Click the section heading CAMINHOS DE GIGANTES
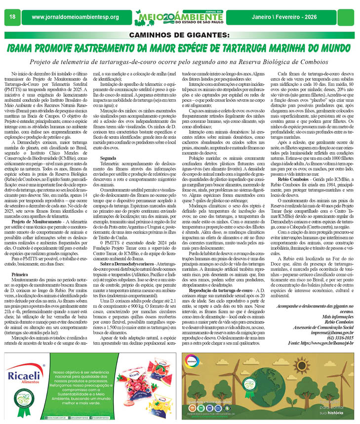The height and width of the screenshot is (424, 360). coord(180,35)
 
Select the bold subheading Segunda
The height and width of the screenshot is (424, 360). coord(108,144)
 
